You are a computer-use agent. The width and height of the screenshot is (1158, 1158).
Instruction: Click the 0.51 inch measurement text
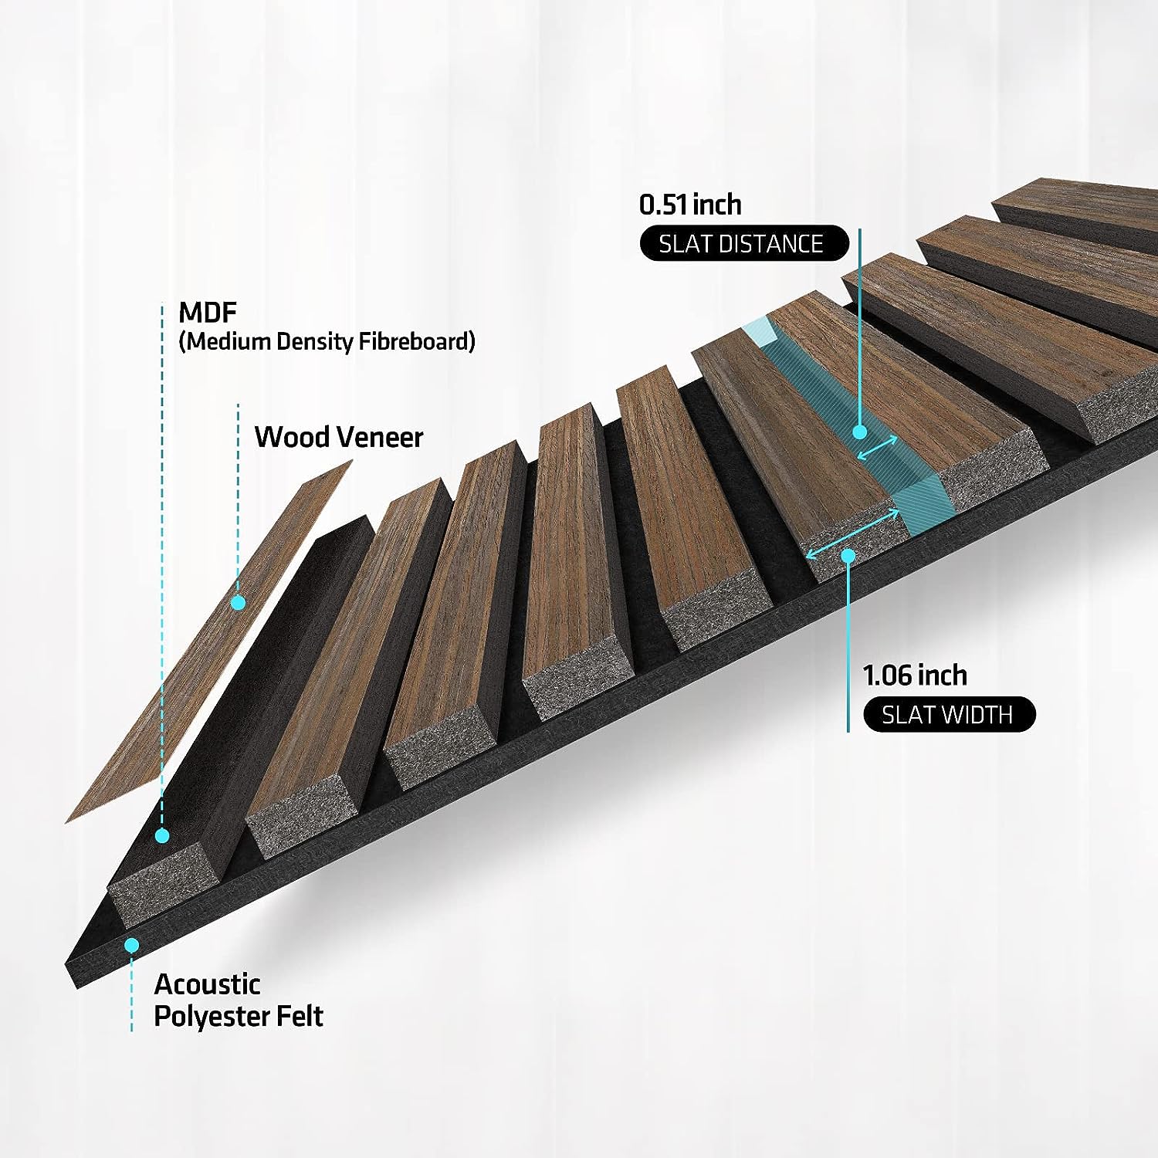tap(690, 205)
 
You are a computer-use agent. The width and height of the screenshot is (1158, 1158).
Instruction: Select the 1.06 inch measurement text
tap(915, 675)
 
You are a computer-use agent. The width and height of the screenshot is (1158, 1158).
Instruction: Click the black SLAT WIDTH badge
tap(947, 715)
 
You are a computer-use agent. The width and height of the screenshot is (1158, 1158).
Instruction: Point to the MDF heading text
tap(207, 313)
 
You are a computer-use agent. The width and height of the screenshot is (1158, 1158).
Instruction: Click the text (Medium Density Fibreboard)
tap(327, 341)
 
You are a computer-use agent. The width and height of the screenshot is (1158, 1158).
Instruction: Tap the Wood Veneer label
tap(339, 437)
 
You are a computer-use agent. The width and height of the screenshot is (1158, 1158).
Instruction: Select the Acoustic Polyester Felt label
tap(238, 1000)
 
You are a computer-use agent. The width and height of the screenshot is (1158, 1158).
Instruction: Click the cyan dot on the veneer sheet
tap(239, 602)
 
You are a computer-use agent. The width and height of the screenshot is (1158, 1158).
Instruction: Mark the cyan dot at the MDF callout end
tap(162, 835)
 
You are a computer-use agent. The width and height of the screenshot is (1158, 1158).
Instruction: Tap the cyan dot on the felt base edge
tap(132, 944)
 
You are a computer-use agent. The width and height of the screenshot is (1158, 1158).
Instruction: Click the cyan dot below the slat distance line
tap(859, 432)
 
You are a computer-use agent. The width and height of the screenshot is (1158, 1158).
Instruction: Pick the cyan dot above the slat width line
tap(848, 555)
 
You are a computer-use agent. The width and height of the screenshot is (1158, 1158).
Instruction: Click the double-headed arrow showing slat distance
tap(878, 447)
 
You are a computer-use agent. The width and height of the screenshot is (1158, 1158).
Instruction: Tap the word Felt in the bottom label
tap(299, 1016)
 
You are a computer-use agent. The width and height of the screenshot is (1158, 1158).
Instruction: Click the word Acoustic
tap(207, 984)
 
